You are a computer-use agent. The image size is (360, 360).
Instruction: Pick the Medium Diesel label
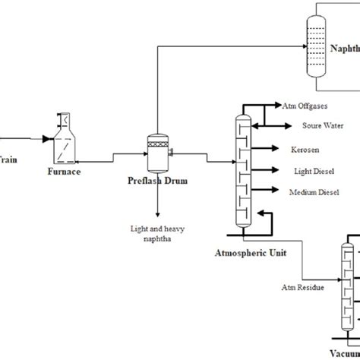[313, 191]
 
